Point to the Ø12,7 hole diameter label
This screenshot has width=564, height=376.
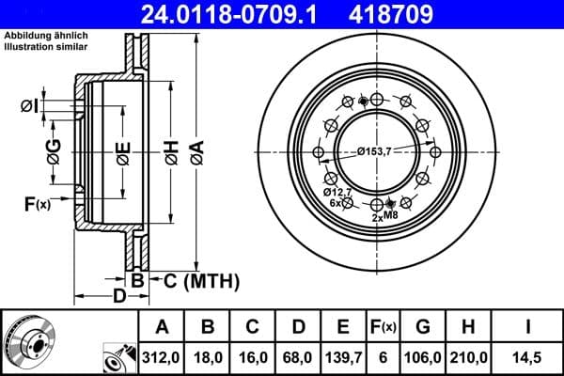[x=338, y=192]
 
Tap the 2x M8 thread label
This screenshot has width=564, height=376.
[x=385, y=216]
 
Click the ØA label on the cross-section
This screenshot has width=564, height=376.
[x=196, y=150]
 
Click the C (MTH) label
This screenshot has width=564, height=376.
[x=196, y=280]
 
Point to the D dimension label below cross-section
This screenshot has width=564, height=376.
[x=118, y=297]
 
